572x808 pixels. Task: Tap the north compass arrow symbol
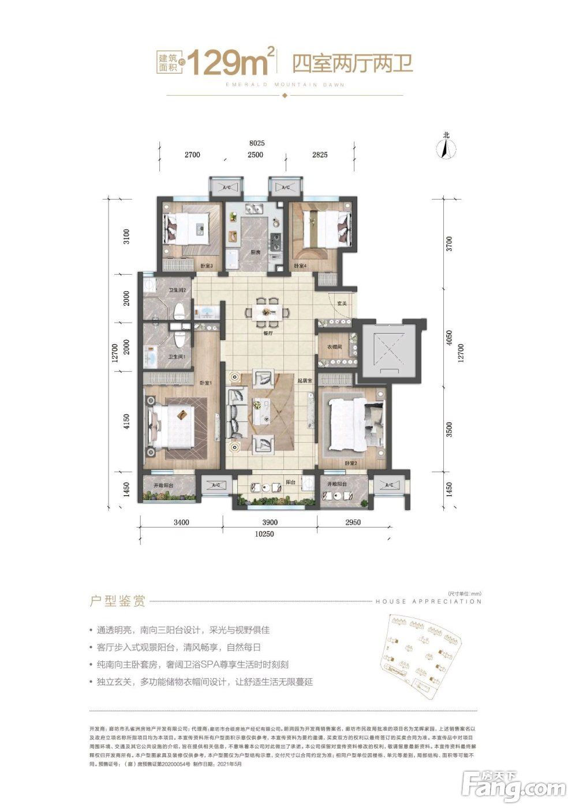point(446,148)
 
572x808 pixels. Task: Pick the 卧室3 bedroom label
point(207,266)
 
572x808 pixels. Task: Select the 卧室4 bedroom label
point(300,266)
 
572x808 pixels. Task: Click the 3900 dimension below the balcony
point(270,523)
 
